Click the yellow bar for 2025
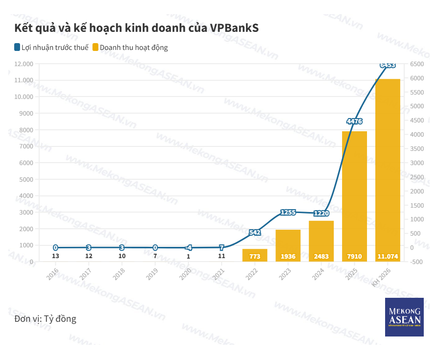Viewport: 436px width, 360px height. pyautogui.click(x=354, y=196)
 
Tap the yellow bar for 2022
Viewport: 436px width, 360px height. pyautogui.click(x=254, y=255)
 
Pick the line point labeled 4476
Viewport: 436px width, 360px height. pyautogui.click(x=354, y=121)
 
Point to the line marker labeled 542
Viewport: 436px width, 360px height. pyautogui.click(x=254, y=232)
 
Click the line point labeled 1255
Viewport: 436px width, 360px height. pyautogui.click(x=288, y=212)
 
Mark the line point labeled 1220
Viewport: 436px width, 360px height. pyautogui.click(x=321, y=213)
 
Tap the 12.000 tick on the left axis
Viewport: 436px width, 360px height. pyautogui.click(x=23, y=64)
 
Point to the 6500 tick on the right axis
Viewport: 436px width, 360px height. pyautogui.click(x=417, y=64)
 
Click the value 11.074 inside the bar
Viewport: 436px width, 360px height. pyautogui.click(x=388, y=256)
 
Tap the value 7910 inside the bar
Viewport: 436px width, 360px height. pyautogui.click(x=354, y=256)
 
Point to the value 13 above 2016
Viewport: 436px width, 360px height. pyautogui.click(x=55, y=256)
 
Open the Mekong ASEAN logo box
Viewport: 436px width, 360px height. pyautogui.click(x=404, y=317)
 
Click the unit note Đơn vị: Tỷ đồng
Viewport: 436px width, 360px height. pyautogui.click(x=46, y=319)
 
